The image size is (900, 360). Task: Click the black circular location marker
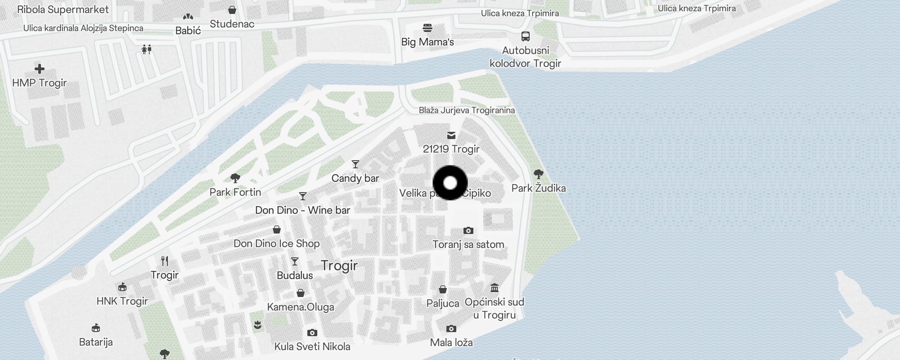[x=450, y=183]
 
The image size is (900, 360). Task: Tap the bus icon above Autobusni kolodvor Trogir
[x=525, y=36]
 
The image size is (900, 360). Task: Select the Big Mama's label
[x=427, y=42]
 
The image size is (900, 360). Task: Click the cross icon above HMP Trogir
[x=40, y=69]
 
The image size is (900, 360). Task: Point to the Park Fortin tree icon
[x=235, y=178]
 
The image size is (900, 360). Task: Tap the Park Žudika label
[x=538, y=188]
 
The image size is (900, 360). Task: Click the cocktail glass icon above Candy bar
[x=355, y=164]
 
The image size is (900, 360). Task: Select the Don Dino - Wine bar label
[x=302, y=210]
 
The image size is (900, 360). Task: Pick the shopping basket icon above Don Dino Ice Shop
[x=277, y=230]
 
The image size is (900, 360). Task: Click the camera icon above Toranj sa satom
[x=468, y=231]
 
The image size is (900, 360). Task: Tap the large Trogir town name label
[x=339, y=265]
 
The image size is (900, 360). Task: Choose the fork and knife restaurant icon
[x=165, y=261]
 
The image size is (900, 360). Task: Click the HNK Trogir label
[x=122, y=301]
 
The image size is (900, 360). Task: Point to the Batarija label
[x=96, y=342]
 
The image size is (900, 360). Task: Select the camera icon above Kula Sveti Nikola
[x=312, y=333]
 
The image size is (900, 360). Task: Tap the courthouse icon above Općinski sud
[x=495, y=288]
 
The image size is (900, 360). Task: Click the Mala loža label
[x=451, y=342]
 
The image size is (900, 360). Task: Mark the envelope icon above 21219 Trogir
[x=451, y=135]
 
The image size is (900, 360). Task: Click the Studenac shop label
[x=232, y=24]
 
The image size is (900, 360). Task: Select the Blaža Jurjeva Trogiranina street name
[x=467, y=110]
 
